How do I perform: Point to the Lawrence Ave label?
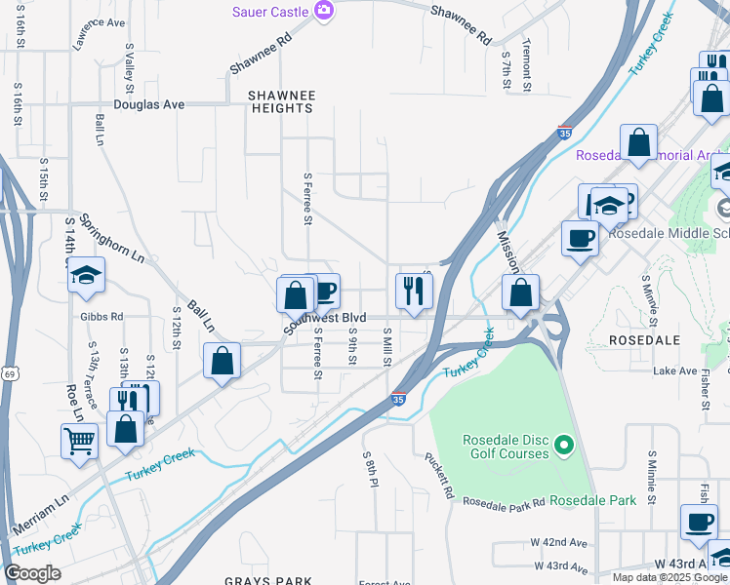[x=100, y=21]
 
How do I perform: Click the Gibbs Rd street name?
[x=103, y=317]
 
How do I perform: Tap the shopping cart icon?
[x=79, y=440]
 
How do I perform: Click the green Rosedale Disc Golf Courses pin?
[x=562, y=447]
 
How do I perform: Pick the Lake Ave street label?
[x=675, y=371]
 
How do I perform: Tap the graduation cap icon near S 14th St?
[x=86, y=275]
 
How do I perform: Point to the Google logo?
[x=32, y=573]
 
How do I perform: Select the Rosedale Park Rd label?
[x=504, y=502]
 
